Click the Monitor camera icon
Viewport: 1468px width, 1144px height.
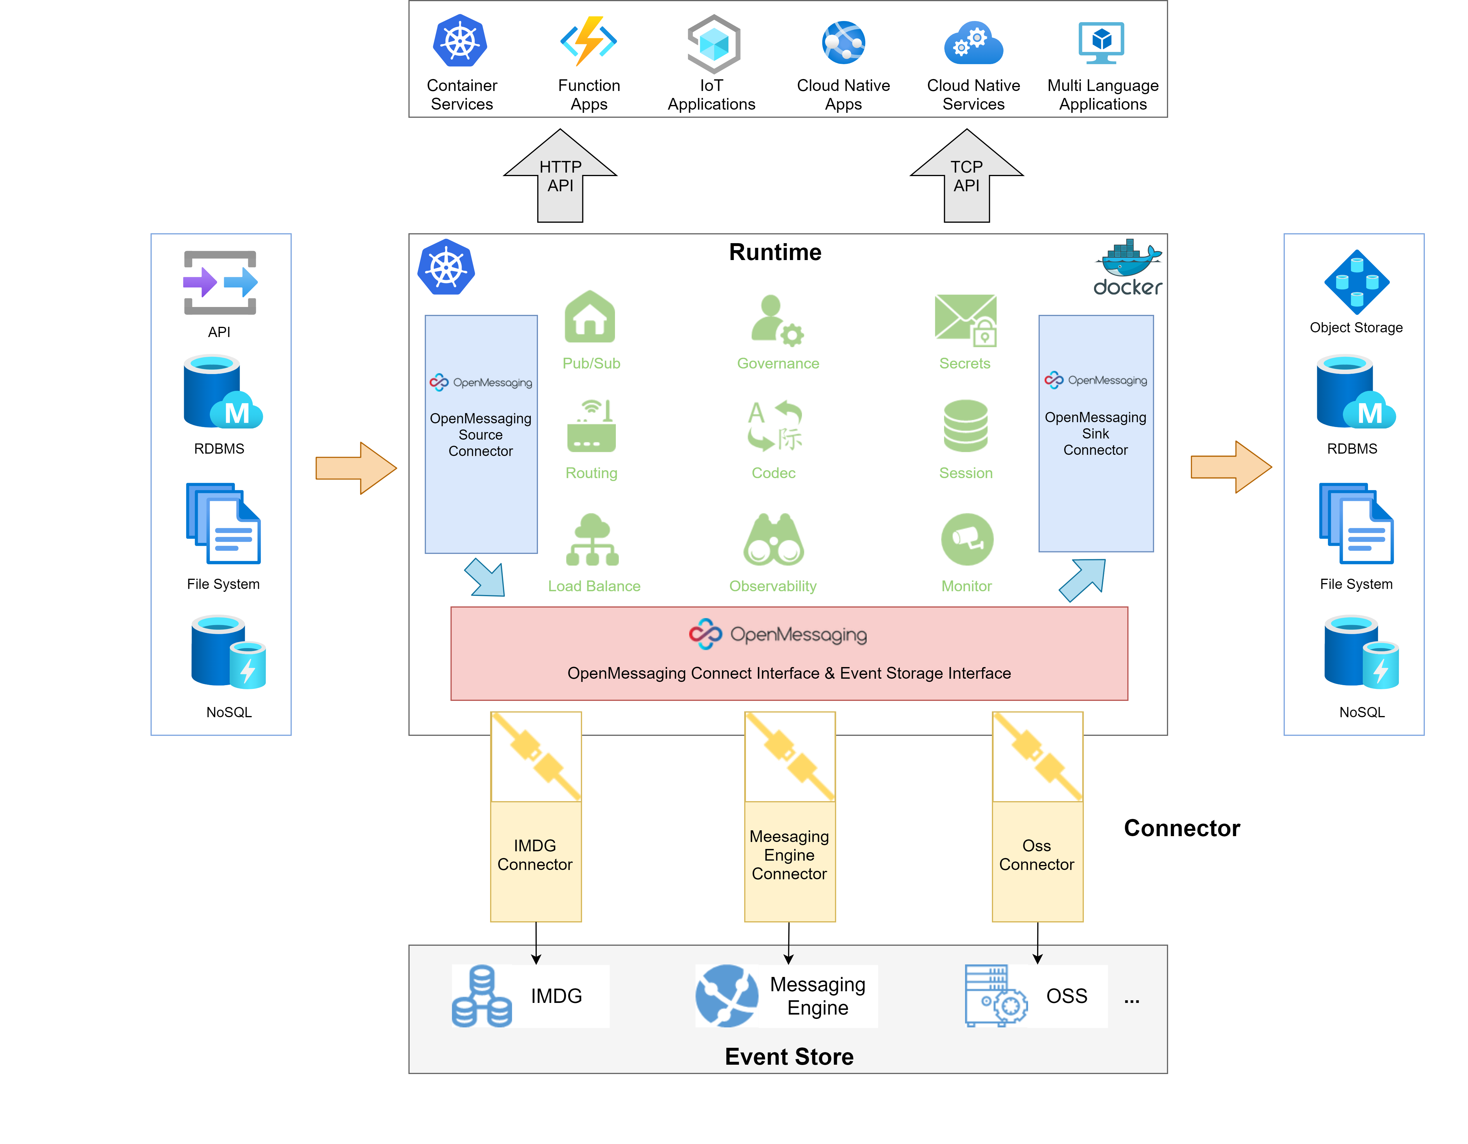tap(967, 539)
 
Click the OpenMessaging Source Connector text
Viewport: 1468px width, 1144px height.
tap(480, 435)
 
